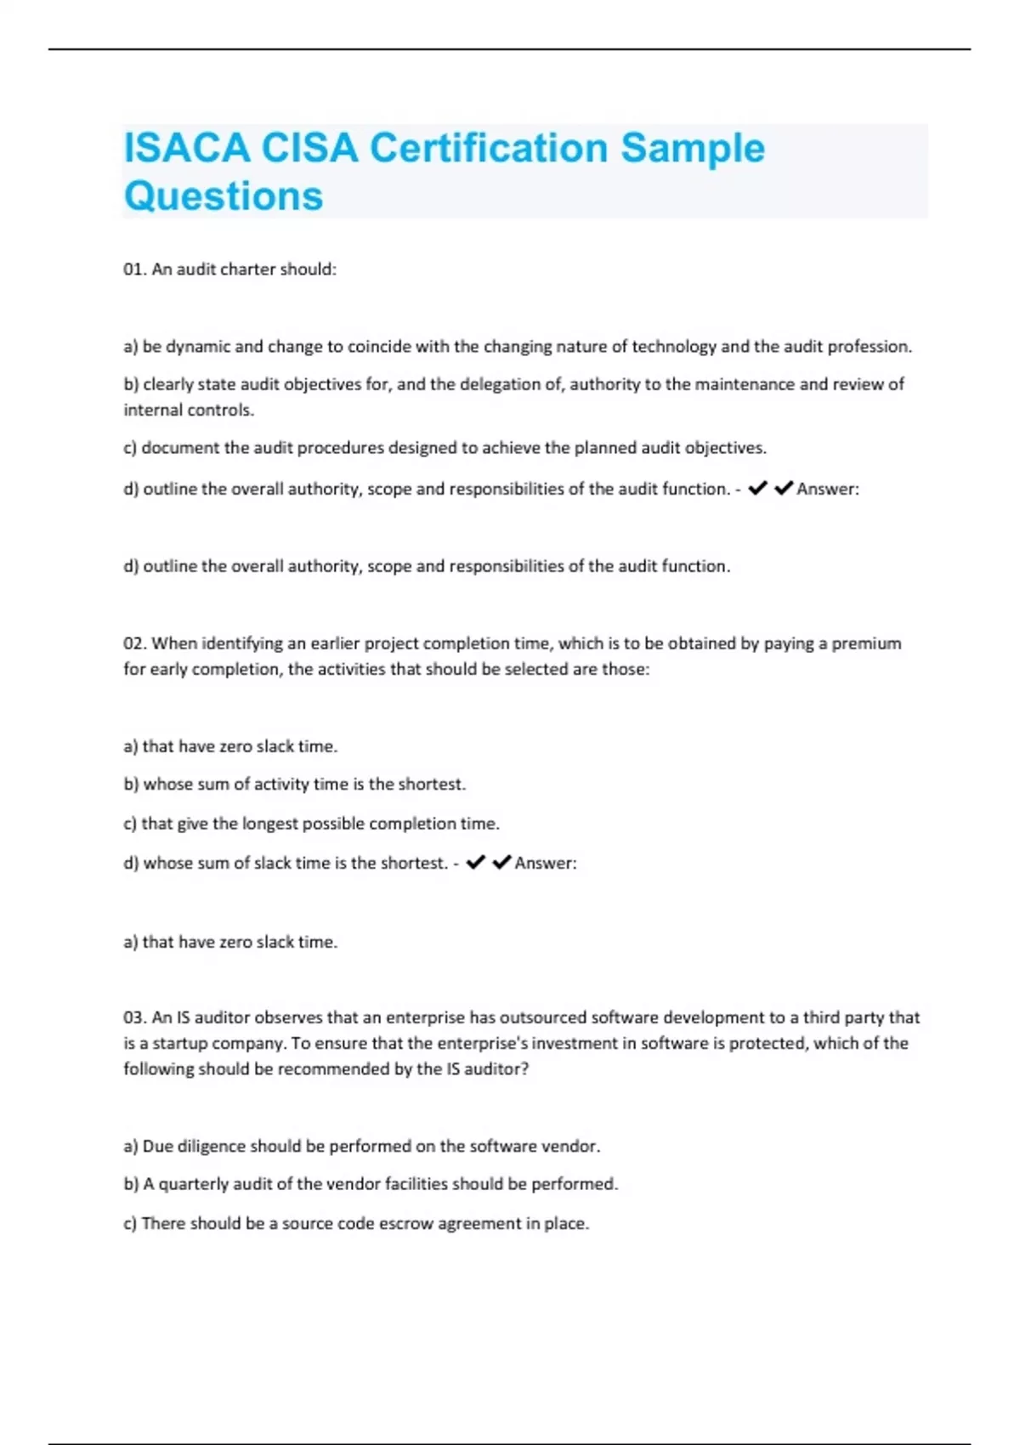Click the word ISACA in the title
coord(188,148)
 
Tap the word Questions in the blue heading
coord(224,196)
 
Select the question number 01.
coord(134,269)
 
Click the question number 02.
coord(134,643)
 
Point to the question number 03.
coord(134,1017)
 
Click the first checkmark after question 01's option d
coord(757,488)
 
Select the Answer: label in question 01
coord(828,489)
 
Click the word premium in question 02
coord(866,643)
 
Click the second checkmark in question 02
coord(501,862)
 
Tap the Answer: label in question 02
coord(546,863)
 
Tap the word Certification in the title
coord(489,148)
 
